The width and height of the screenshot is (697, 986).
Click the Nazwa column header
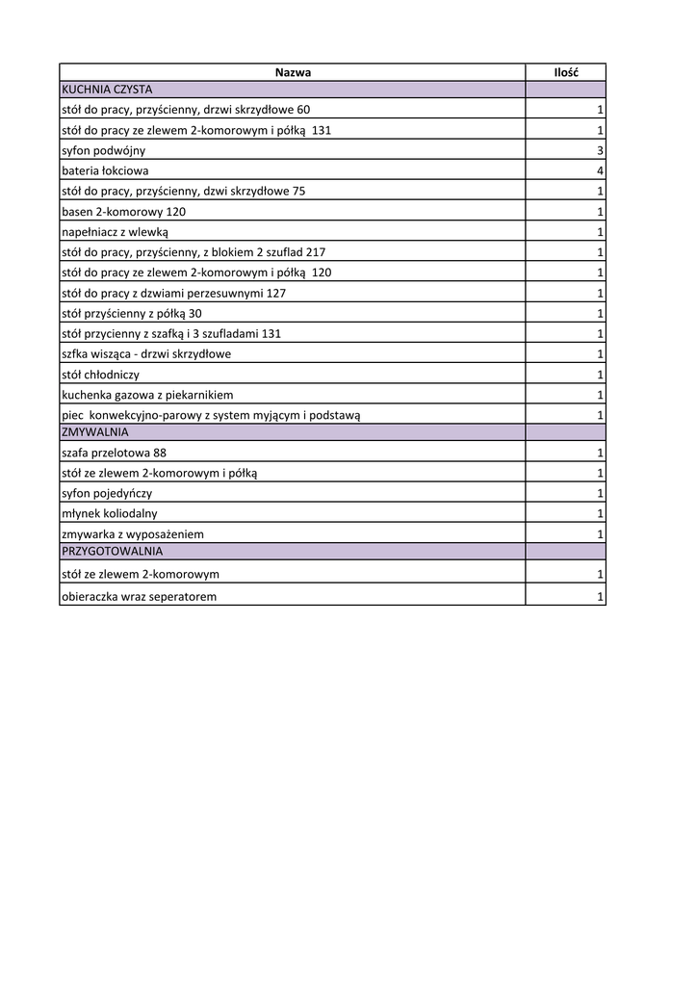293,72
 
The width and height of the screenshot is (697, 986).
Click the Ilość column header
565,72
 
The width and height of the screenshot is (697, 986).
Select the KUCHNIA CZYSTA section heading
107,89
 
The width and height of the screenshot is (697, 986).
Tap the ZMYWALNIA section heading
94,432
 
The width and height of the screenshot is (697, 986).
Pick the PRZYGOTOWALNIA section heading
112,552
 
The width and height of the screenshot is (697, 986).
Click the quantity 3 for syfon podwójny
600,151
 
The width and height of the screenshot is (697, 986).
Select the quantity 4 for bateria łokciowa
600,171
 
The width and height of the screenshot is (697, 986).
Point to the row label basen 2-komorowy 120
123,212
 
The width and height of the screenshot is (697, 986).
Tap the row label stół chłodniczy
101,375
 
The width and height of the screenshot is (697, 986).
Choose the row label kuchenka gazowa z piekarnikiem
147,395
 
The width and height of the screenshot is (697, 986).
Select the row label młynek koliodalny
109,513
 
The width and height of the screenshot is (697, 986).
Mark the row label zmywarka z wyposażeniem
133,533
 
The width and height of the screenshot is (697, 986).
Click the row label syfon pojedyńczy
107,493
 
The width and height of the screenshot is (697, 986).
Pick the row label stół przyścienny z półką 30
132,314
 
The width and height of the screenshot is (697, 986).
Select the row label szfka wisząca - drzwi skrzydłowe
146,354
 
